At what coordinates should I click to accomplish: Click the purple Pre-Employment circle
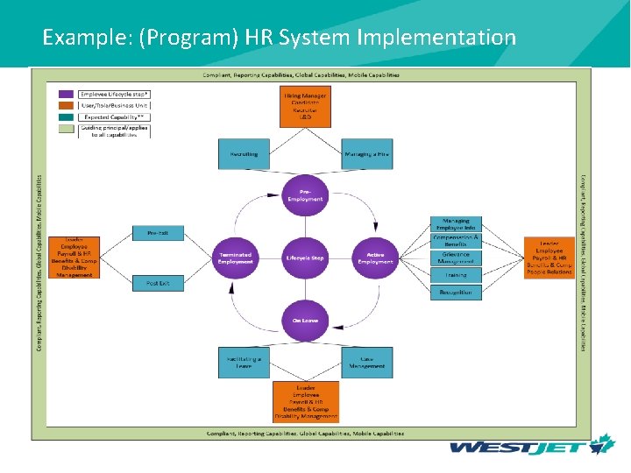click(305, 194)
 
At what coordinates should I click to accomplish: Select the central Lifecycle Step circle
click(305, 258)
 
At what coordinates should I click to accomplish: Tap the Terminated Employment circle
click(236, 258)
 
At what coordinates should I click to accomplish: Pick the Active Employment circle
click(375, 258)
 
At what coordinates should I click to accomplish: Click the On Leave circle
click(305, 321)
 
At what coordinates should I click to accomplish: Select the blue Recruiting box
click(244, 154)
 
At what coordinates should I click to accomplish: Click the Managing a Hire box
click(366, 154)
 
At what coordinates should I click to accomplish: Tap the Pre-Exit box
click(158, 233)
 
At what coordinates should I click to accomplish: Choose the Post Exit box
click(158, 283)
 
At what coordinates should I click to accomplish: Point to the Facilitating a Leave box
click(244, 363)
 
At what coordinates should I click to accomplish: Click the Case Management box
click(366, 363)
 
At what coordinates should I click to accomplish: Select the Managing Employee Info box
click(456, 224)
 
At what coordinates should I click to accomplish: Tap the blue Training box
click(456, 275)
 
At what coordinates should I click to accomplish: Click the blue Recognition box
click(456, 293)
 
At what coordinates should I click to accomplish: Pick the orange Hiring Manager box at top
click(305, 106)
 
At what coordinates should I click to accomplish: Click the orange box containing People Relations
click(549, 258)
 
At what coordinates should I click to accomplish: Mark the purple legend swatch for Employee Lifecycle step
click(66, 94)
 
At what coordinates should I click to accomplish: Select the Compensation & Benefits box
click(456, 241)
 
